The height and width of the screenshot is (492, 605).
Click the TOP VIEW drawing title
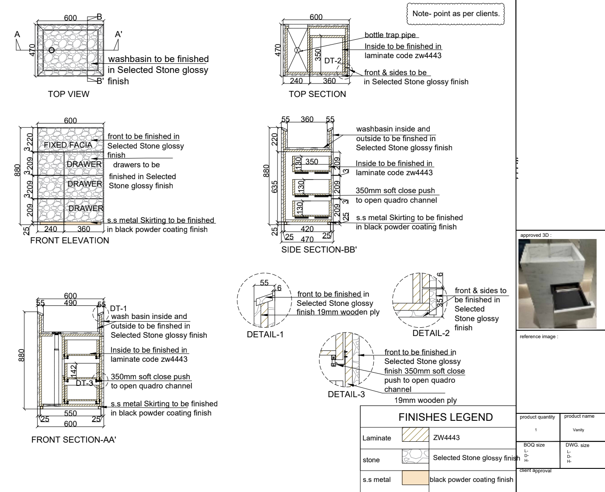[69, 94]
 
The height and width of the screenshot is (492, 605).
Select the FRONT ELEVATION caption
[70, 240]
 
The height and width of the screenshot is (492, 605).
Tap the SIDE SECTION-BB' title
[319, 250]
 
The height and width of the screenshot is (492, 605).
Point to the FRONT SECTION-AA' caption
[73, 440]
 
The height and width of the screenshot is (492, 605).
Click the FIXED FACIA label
[68, 145]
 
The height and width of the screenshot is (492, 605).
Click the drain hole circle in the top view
[52, 50]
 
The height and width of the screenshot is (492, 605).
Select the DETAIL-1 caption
[265, 334]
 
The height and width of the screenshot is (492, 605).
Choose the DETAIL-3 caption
[346, 394]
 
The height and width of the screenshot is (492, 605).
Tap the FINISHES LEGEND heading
[445, 417]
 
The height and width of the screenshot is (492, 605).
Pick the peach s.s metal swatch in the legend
[415, 478]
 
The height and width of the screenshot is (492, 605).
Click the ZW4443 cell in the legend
[446, 437]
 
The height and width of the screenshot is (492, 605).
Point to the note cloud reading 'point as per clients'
[455, 14]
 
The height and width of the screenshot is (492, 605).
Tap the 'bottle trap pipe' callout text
[390, 35]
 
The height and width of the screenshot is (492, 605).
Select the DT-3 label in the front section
[84, 383]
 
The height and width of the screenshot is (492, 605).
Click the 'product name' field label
[579, 416]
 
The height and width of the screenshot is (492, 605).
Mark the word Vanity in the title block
[578, 430]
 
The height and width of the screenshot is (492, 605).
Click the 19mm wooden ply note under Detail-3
[425, 400]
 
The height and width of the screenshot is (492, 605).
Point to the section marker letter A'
[118, 35]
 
